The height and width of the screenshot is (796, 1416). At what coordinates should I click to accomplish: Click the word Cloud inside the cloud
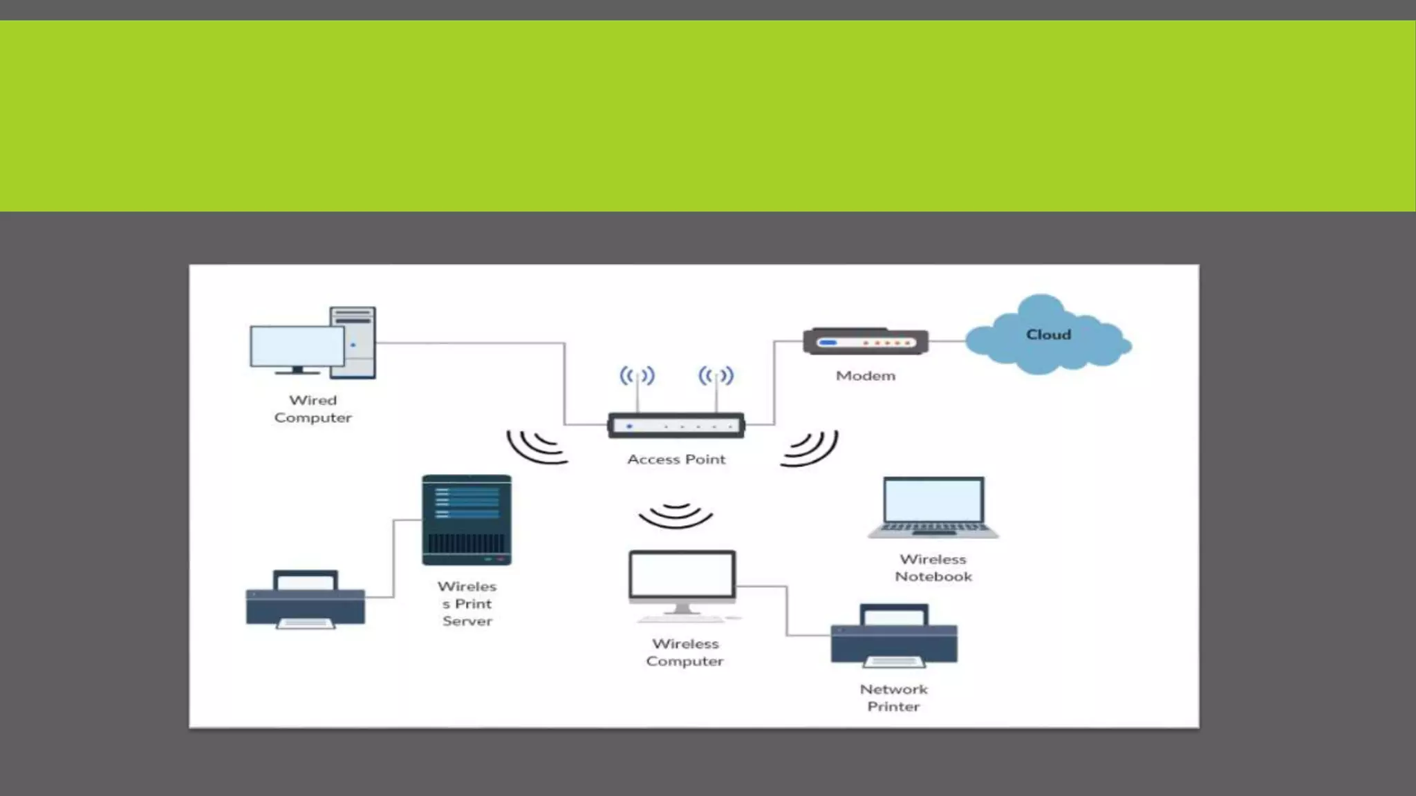pyautogui.click(x=1048, y=334)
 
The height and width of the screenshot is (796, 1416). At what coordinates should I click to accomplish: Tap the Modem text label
pyautogui.click(x=865, y=376)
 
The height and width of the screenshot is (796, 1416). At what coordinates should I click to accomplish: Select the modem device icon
pyautogui.click(x=865, y=341)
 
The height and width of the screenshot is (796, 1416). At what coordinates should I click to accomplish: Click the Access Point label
pyautogui.click(x=676, y=459)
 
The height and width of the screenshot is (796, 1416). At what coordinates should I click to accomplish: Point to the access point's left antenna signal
pyautogui.click(x=637, y=376)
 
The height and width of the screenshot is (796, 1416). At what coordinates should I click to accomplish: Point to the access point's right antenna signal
pyautogui.click(x=716, y=376)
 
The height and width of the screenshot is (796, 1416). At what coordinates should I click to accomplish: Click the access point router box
pyautogui.click(x=676, y=426)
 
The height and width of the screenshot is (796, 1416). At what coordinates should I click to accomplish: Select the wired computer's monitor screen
pyautogui.click(x=297, y=347)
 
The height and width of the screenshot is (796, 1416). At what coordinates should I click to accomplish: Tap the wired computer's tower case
pyautogui.click(x=353, y=343)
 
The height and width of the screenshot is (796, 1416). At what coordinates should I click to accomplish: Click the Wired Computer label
pyautogui.click(x=313, y=409)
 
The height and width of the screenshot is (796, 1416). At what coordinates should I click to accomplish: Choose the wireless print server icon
pyautogui.click(x=467, y=520)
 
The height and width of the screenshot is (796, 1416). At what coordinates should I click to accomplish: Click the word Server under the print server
pyautogui.click(x=467, y=621)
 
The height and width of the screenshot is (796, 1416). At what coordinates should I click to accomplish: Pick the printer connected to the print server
pyautogui.click(x=305, y=600)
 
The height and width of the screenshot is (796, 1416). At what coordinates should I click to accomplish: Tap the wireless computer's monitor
pyautogui.click(x=682, y=576)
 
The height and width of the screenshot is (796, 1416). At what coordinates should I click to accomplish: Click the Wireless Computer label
pyautogui.click(x=684, y=652)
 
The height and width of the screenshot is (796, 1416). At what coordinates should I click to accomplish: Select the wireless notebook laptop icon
pyautogui.click(x=933, y=507)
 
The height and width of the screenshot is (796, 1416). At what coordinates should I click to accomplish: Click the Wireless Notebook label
pyautogui.click(x=933, y=568)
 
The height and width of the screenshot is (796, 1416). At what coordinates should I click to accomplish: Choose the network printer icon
pyautogui.click(x=894, y=636)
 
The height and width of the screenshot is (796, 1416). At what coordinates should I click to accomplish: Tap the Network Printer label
pyautogui.click(x=893, y=698)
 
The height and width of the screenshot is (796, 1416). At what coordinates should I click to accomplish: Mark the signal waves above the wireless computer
pyautogui.click(x=676, y=516)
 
